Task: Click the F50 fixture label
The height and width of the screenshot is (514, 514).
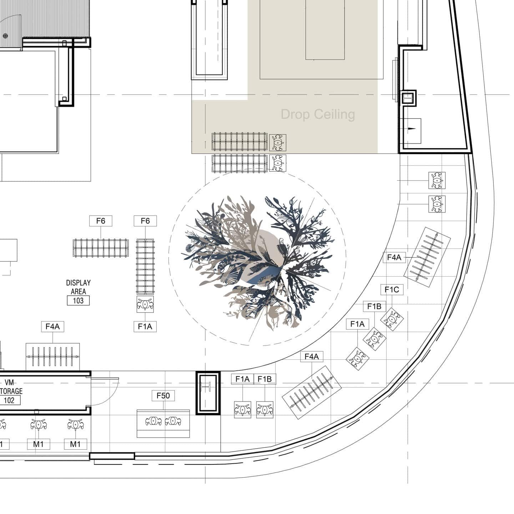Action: (163, 395)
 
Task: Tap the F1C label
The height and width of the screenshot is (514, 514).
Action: (392, 289)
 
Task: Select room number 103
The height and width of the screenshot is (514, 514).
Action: (78, 301)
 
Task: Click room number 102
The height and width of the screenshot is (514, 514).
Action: (9, 400)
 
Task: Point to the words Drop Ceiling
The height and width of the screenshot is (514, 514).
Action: (318, 114)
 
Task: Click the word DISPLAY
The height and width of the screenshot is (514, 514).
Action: (78, 283)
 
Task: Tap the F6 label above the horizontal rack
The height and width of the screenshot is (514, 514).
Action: (101, 221)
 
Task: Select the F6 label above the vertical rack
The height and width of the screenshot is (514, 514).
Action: (145, 221)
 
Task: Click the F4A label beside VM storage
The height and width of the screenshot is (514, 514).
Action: (52, 327)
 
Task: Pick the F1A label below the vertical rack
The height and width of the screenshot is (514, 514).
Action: (145, 327)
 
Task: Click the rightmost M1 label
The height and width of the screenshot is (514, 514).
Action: (75, 444)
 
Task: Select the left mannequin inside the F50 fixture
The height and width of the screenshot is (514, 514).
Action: (153, 421)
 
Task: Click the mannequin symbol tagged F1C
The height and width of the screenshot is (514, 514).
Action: (392, 319)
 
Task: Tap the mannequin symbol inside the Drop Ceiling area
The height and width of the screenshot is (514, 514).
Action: (277, 142)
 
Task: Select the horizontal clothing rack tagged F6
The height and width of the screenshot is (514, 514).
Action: (101, 247)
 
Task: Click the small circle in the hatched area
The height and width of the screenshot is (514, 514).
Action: (5, 35)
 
